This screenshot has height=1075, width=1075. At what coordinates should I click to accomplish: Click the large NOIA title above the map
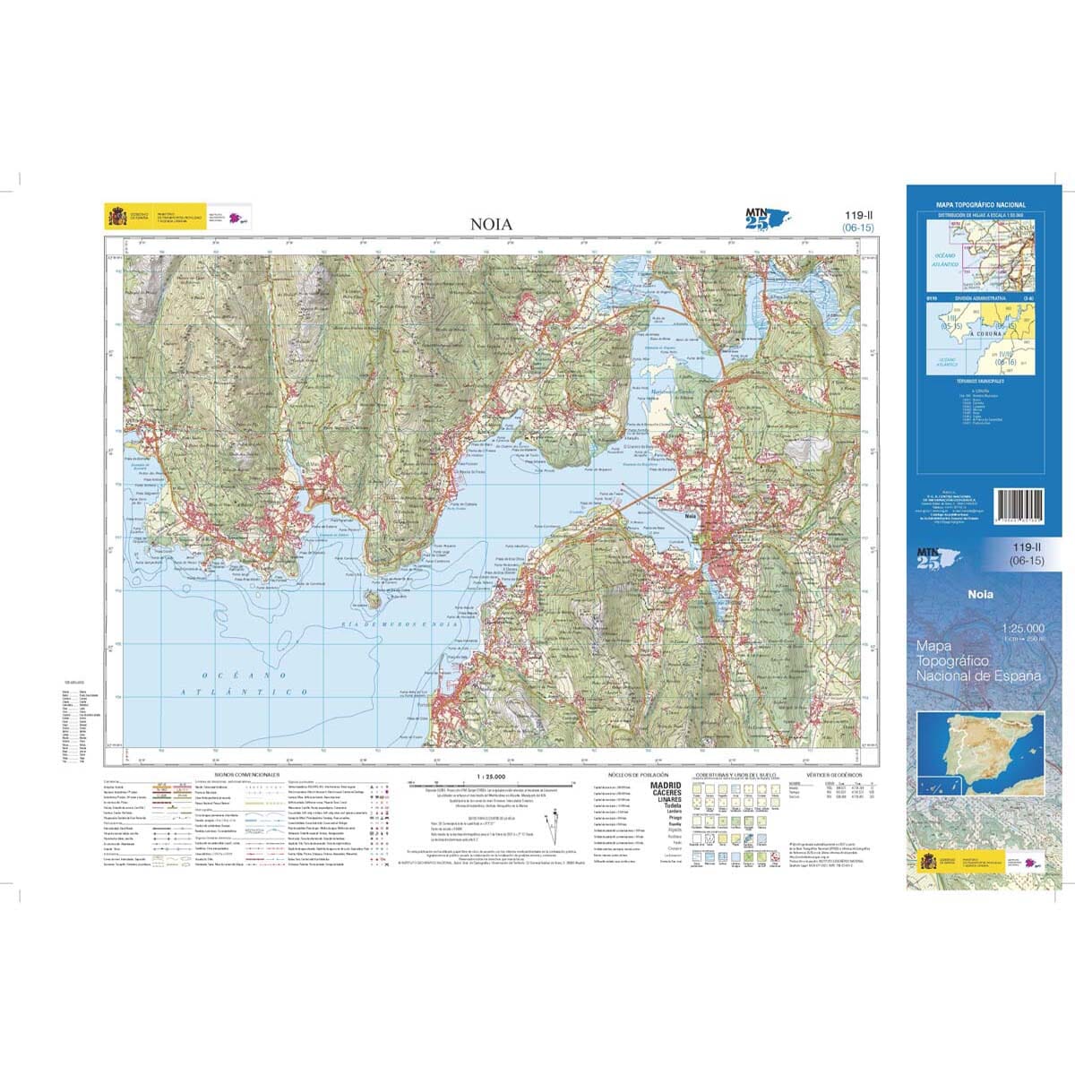click(492, 224)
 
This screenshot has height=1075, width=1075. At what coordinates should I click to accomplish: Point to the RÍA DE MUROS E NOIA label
click(395, 624)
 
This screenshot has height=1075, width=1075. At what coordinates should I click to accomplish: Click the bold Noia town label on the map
click(691, 517)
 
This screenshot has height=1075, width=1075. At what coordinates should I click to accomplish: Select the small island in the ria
click(370, 596)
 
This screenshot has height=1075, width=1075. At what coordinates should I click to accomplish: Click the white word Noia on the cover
click(979, 594)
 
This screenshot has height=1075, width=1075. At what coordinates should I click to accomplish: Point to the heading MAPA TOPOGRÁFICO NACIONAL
click(981, 205)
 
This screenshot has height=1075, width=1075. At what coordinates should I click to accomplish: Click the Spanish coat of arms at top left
click(117, 218)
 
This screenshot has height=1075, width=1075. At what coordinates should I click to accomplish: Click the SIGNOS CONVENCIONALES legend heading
click(247, 774)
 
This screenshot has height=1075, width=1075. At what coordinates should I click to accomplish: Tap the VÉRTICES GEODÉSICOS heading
click(833, 774)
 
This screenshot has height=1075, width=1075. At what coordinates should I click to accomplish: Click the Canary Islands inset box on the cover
click(939, 787)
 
